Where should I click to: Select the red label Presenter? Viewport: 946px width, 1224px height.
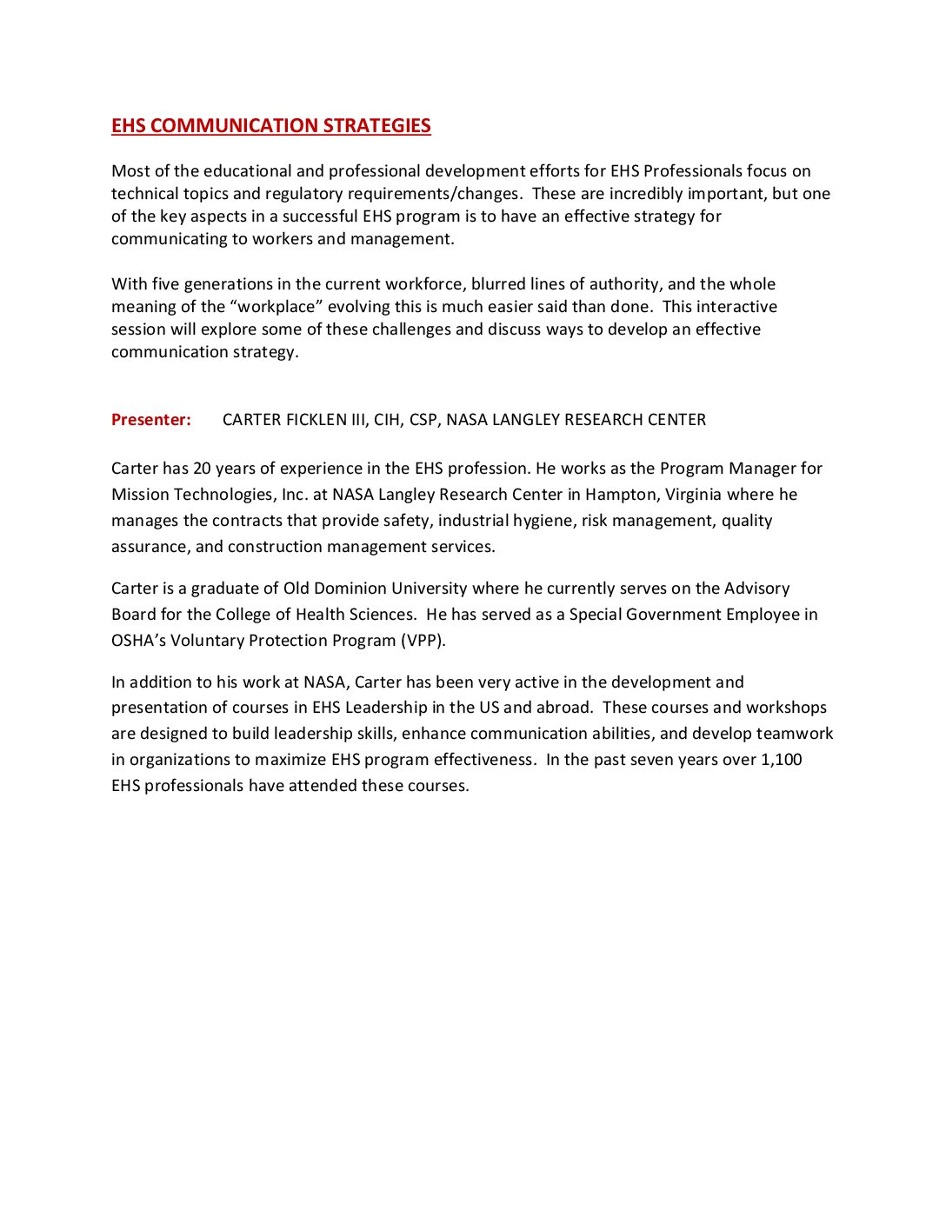[151, 420]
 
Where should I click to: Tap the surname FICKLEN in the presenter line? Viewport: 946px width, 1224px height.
[316, 420]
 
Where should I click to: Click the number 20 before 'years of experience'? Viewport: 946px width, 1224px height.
[202, 469]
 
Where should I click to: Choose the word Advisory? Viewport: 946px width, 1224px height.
[756, 589]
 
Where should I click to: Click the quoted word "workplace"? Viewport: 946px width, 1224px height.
[276, 307]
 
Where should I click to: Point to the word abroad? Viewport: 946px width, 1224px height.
[563, 708]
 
